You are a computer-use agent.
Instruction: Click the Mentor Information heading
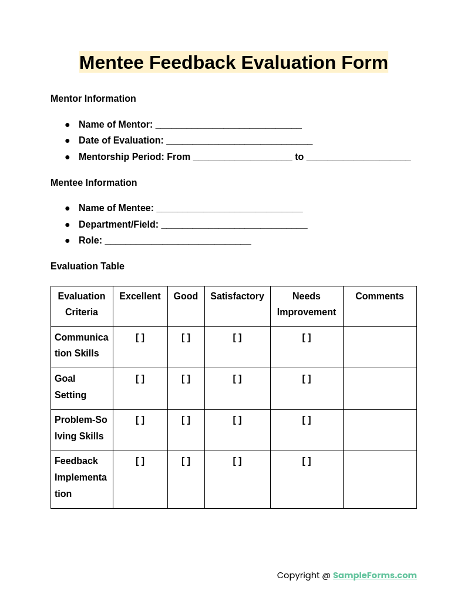(93, 99)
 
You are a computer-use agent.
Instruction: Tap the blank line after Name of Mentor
(228, 125)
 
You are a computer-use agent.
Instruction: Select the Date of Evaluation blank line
(239, 141)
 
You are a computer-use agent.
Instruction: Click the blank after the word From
(242, 158)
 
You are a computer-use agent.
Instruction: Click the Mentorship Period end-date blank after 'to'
(358, 158)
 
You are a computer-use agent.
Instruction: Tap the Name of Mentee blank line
(230, 209)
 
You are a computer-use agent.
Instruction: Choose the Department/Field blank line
(234, 225)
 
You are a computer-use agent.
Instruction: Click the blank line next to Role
(178, 241)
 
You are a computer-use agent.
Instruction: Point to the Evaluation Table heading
(88, 266)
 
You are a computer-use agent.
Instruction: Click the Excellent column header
(140, 296)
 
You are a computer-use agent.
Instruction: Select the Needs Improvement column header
(307, 304)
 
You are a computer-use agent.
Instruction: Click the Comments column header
(379, 296)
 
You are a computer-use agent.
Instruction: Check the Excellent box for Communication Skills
(140, 338)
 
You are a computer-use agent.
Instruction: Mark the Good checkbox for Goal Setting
(186, 379)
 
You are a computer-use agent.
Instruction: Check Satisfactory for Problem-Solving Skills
(237, 420)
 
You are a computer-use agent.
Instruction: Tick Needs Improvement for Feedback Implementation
(307, 461)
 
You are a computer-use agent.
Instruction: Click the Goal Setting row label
(70, 387)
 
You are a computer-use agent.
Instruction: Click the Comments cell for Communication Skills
(379, 347)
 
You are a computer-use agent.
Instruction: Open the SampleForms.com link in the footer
(375, 575)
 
